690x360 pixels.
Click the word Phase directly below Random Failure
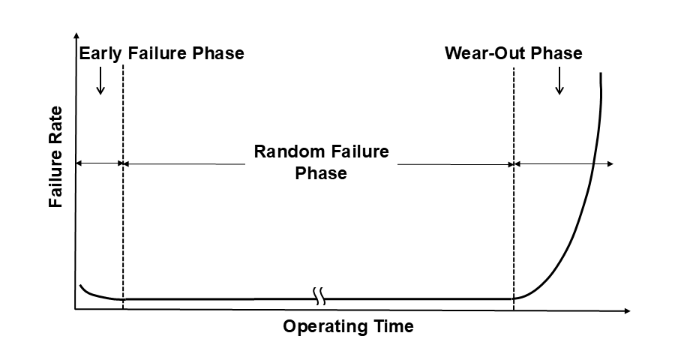point(321,173)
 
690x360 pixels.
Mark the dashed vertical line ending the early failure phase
point(122,225)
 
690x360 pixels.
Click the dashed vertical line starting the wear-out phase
point(514,225)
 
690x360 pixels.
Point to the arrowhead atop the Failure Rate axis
point(75,37)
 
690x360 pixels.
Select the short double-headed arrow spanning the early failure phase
point(99,163)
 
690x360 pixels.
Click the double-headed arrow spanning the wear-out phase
point(564,163)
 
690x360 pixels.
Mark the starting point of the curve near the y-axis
point(80,286)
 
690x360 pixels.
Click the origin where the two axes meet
point(75,310)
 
